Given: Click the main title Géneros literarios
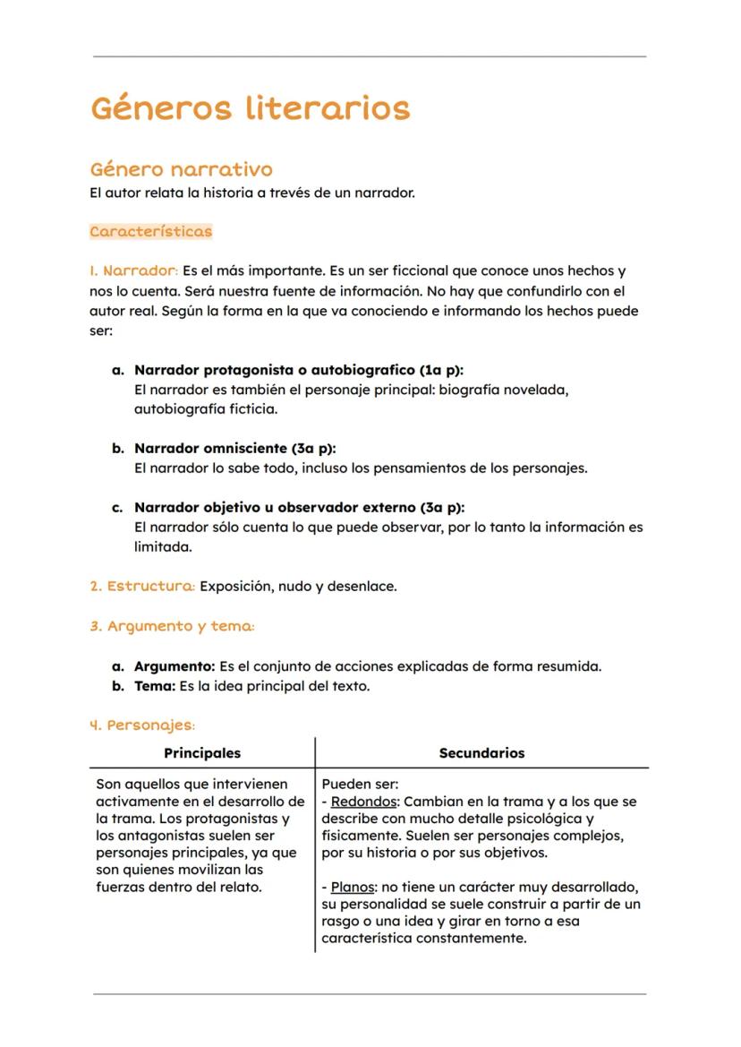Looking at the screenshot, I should pos(250,109).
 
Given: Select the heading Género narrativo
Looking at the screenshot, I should pos(181,169).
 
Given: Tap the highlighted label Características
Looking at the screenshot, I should pos(150,231).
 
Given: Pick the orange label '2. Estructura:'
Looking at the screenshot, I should pos(142,587).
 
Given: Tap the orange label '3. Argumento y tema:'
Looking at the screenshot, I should pos(172,627).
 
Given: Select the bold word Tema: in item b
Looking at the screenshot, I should pos(155,687).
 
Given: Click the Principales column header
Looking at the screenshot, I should pos(202,753).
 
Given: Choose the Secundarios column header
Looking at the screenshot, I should pos(481,753).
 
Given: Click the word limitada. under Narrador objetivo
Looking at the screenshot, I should pos(163,547).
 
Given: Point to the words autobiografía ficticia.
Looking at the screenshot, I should pos(205,409).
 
